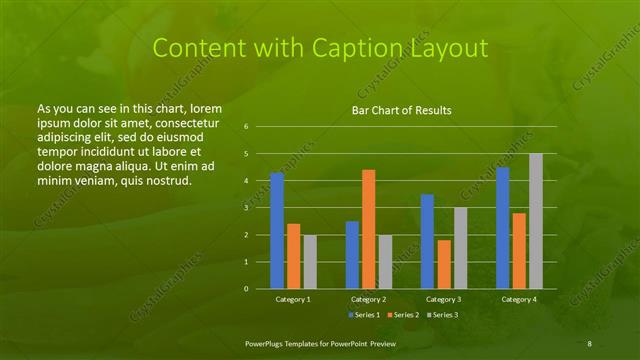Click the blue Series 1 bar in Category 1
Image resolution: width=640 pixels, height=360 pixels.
[277, 231]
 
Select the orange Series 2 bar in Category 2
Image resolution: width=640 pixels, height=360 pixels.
[368, 229]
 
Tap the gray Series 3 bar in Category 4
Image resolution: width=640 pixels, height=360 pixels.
[535, 221]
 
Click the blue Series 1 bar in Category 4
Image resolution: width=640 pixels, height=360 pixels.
[502, 228]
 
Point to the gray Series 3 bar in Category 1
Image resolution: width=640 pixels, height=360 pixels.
[309, 262]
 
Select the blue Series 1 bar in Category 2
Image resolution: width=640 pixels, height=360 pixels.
[352, 255]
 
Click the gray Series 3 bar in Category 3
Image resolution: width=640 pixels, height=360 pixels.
[460, 248]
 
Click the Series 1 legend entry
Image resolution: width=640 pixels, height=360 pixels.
[365, 314]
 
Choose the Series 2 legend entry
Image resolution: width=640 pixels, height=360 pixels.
[404, 314]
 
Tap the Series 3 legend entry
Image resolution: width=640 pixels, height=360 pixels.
[443, 314]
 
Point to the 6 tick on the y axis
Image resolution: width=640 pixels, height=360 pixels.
[246, 127]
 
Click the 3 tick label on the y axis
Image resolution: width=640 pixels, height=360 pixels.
[246, 208]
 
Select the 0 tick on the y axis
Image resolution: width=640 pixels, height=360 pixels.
[246, 289]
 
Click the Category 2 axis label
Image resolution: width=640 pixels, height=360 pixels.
[368, 299]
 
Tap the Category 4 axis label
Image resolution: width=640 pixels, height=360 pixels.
[518, 299]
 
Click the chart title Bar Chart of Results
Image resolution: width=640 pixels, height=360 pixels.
[401, 110]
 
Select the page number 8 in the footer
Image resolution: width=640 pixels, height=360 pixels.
[590, 343]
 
